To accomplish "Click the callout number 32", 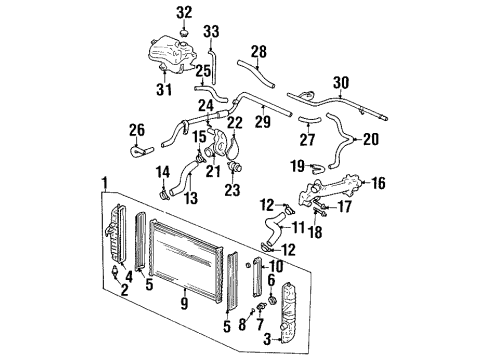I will [x=182, y=13].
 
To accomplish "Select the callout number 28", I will [x=259, y=52].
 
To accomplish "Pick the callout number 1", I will [x=103, y=183].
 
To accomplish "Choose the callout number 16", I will [x=378, y=184].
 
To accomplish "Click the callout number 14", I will [x=163, y=172].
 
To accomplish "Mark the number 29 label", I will [x=264, y=122].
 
